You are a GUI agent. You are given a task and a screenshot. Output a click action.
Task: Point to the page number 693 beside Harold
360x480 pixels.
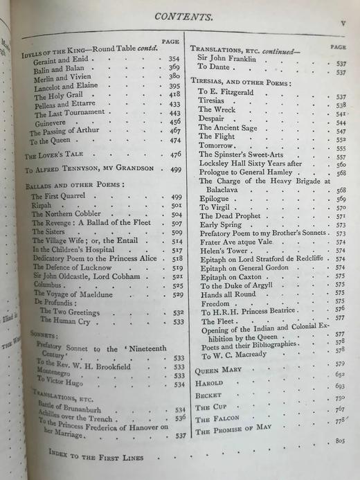(x=339, y=385)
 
